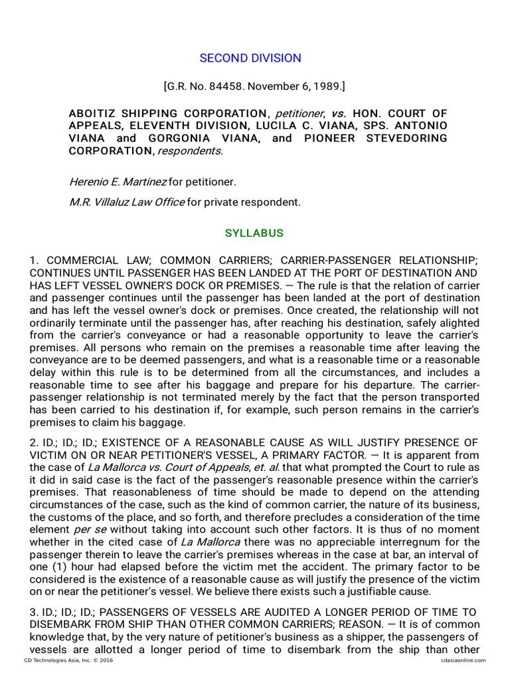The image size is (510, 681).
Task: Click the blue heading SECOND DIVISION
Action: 250,58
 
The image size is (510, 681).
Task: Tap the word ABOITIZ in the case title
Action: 96,113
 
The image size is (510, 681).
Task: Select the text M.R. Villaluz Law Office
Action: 127,202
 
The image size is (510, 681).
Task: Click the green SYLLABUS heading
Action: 254,233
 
